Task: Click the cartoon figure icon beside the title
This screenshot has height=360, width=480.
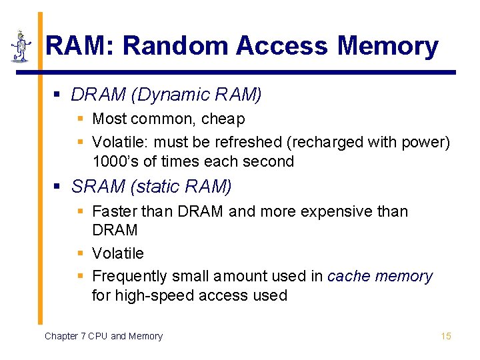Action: coord(21,47)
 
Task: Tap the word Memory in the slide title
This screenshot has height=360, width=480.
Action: coord(388,47)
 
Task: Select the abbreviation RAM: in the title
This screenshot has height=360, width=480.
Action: coord(80,47)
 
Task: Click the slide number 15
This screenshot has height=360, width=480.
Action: coord(446,336)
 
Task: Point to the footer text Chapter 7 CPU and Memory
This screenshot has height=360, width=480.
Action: coord(103,336)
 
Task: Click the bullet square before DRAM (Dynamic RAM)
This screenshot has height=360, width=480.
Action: coord(58,95)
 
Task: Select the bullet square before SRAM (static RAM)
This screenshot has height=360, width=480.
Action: coord(58,187)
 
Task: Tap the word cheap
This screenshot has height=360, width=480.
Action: coord(223,119)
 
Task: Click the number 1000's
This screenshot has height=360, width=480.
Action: coord(115,161)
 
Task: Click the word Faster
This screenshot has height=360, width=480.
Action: coord(114,211)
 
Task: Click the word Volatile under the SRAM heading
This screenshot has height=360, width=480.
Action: coord(117,253)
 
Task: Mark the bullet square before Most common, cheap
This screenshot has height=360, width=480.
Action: coord(79,119)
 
